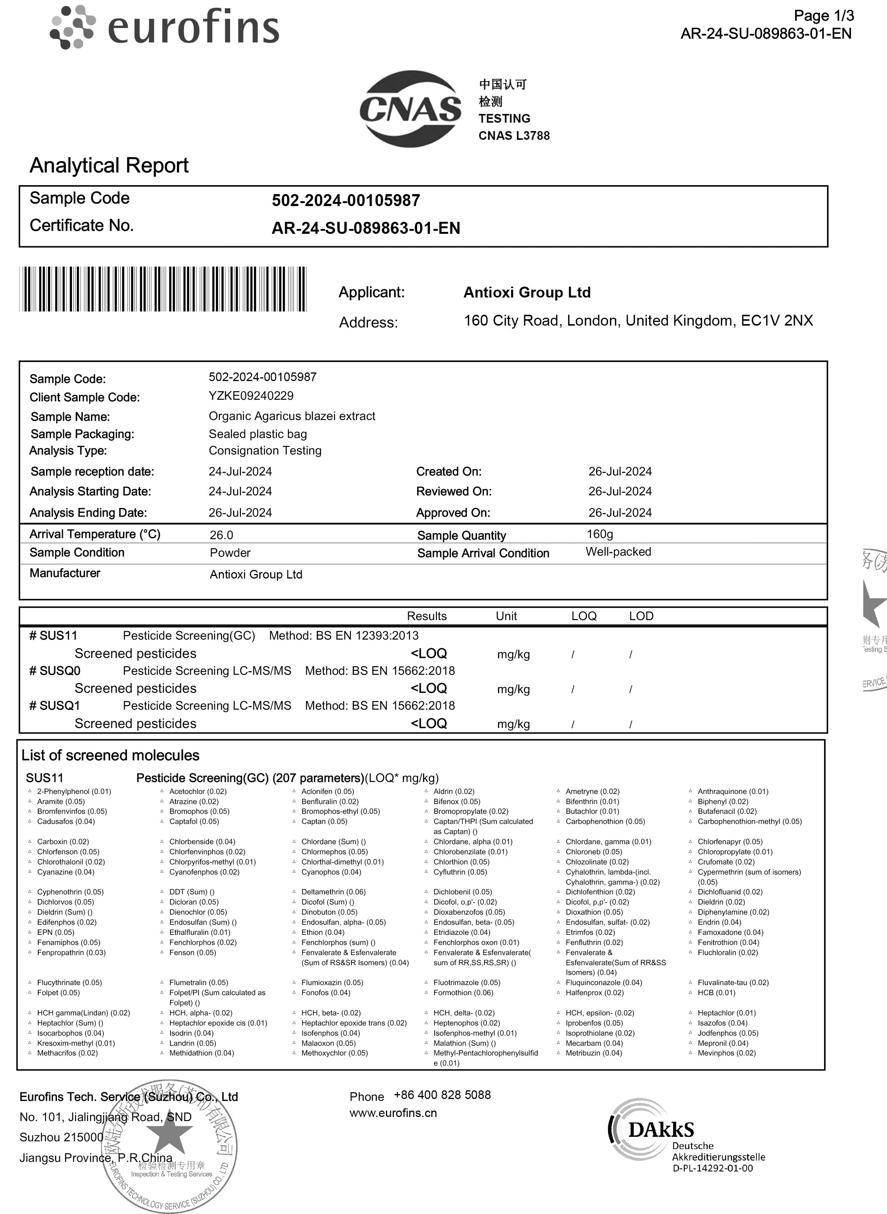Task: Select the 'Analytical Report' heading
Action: coord(109,165)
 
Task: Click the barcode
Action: coord(163,289)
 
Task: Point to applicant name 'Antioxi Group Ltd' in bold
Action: coord(527,293)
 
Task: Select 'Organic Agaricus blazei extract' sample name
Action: coord(292,416)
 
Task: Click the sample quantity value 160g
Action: coord(600,534)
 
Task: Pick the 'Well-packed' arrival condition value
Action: coord(618,552)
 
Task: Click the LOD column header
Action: coord(641,616)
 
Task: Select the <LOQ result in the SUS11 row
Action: coord(428,654)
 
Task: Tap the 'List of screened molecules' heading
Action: coord(111,755)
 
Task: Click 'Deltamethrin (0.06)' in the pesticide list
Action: coord(333,892)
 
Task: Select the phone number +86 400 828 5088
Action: coord(442,1095)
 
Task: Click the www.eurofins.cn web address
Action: coord(393,1113)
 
